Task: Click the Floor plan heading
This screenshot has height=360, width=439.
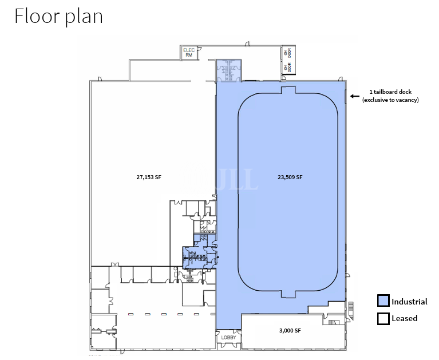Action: point(58,16)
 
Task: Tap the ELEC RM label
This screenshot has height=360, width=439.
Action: point(189,53)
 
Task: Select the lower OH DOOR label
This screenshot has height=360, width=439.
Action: point(285,68)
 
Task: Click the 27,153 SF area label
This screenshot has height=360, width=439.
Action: point(149,177)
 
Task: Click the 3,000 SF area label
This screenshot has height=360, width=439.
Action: point(290,331)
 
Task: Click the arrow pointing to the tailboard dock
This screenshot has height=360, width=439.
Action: point(354,96)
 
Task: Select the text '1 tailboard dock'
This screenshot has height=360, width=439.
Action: point(390,92)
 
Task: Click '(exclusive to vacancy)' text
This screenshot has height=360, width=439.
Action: point(390,100)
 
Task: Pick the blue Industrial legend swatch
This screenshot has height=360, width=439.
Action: point(383,301)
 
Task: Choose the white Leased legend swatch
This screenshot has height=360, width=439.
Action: point(383,318)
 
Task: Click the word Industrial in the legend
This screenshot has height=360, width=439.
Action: point(409,302)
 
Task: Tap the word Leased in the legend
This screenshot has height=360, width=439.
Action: point(405,318)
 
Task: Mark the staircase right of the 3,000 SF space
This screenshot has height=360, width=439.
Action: point(332,323)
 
